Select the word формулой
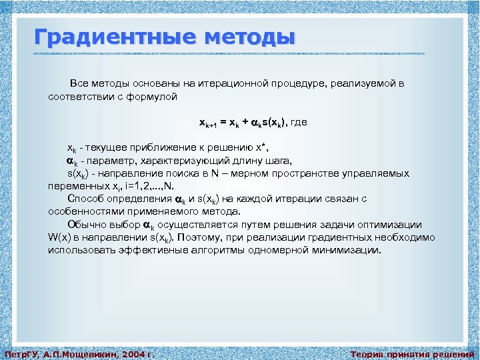(x=154, y=97)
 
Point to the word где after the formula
(x=299, y=123)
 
